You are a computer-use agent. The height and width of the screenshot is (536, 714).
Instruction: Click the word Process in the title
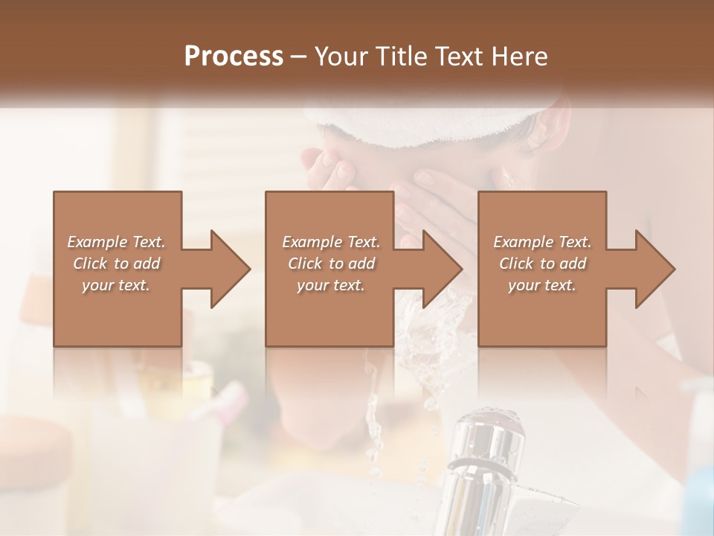click(234, 57)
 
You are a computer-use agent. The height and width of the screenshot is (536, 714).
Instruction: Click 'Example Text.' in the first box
click(116, 242)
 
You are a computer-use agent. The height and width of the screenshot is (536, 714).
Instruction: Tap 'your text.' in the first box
click(116, 285)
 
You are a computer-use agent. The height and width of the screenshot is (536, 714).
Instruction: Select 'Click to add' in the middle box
click(331, 264)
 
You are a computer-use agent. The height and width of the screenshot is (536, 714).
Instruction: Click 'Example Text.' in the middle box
click(331, 242)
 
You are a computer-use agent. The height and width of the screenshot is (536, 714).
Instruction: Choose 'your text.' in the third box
click(542, 285)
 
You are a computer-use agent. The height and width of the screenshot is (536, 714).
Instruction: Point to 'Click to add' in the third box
click(542, 264)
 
